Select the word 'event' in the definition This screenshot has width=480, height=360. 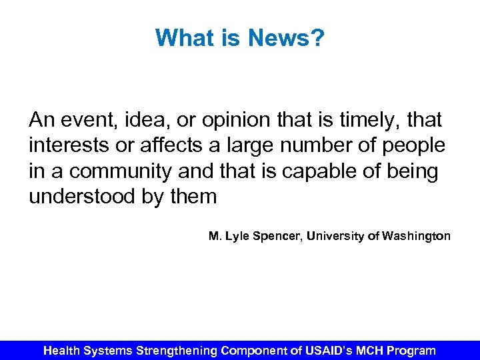(85, 120)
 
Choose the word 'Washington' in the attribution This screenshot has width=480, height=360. (417, 236)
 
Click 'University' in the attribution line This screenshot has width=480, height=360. (337, 236)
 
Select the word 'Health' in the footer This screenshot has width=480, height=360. (65, 350)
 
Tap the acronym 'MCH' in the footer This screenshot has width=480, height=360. (367, 350)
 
